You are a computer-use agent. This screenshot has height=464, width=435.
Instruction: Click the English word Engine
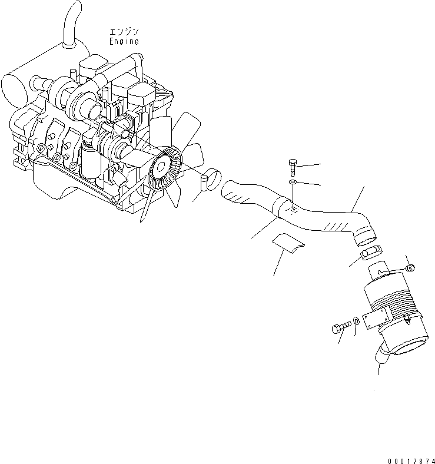click(124, 42)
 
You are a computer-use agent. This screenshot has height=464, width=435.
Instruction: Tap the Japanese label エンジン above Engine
click(124, 32)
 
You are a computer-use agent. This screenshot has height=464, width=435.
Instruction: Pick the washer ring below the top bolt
click(293, 184)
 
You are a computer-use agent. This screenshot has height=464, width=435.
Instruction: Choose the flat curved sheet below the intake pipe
click(287, 242)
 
